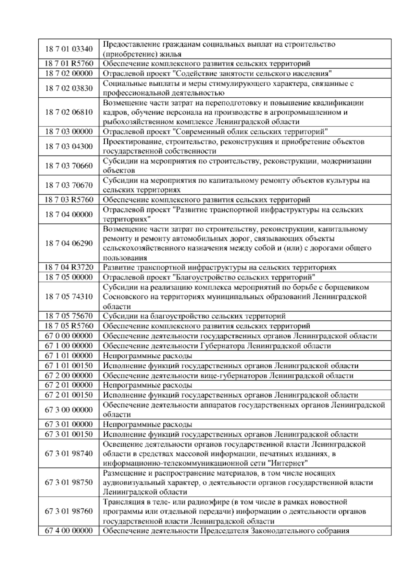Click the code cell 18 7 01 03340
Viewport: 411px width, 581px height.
pos(69,49)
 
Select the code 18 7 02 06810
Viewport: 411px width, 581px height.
pos(69,112)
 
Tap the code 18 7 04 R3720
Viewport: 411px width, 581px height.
pos(69,267)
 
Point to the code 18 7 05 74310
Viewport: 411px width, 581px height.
pos(69,296)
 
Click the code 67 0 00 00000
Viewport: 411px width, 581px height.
pos(69,336)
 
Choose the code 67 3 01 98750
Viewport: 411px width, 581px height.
pos(69,482)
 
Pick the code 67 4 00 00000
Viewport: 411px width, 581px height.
pos(69,531)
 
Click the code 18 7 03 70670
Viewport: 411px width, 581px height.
pos(69,185)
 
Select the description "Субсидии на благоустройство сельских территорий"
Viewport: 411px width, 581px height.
pos(194,316)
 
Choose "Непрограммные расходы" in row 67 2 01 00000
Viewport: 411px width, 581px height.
pos(147,385)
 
